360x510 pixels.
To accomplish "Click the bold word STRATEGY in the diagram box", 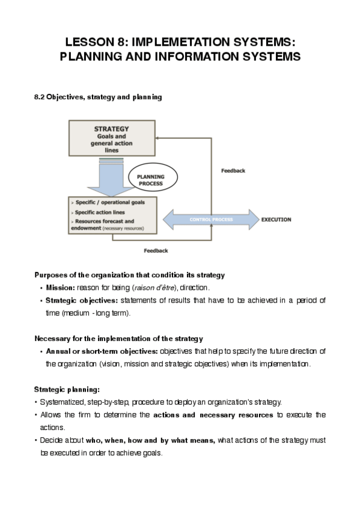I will (112, 129).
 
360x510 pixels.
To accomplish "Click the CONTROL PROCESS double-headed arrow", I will (210, 220).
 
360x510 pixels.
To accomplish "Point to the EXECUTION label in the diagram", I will (276, 220).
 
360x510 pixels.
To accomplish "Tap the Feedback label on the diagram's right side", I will (233, 171).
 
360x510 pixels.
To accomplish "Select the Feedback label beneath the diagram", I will (156, 251).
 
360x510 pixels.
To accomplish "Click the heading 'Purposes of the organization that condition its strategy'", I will (129, 275).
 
